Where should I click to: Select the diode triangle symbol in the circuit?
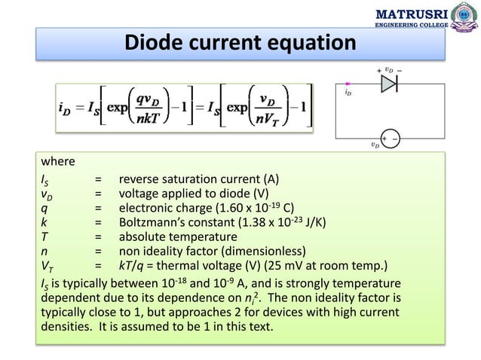coord(389,84)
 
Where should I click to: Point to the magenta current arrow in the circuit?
coord(347,84)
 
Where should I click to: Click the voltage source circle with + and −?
coord(390,139)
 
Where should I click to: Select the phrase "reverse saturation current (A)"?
coord(198,179)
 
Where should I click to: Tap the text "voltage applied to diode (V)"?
coord(194,194)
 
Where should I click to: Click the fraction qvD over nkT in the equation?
coord(152,111)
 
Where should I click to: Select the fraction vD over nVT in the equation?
coord(266,111)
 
